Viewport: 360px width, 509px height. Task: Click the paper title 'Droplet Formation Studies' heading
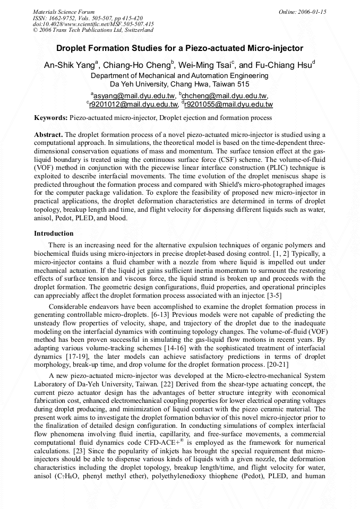tap(179, 48)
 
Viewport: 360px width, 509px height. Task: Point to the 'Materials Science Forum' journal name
tap(64, 12)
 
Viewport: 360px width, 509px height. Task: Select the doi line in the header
tap(93, 24)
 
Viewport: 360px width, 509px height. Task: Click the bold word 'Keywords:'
tap(51, 117)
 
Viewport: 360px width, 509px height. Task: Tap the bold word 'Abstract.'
tap(48, 135)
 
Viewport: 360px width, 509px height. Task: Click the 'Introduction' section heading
tap(54, 234)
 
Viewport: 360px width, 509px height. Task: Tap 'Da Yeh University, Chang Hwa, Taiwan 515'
tap(179, 84)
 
